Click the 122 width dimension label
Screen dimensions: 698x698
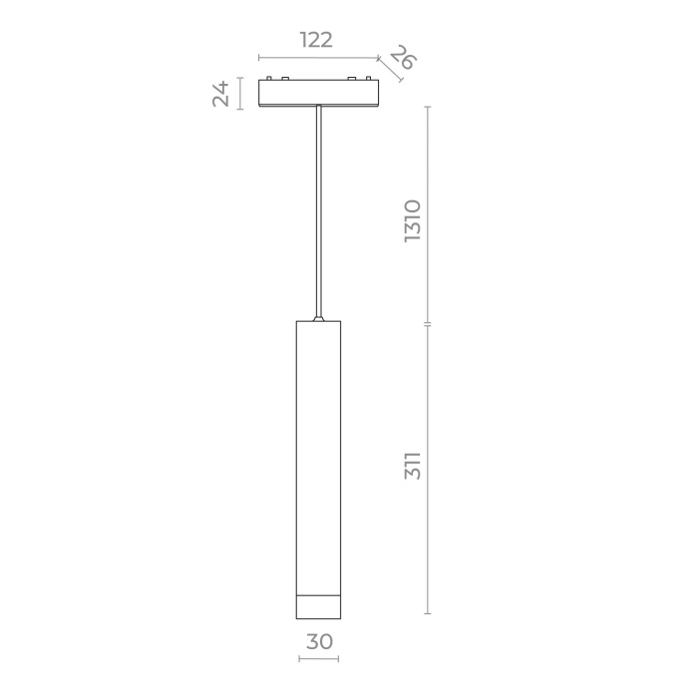316,40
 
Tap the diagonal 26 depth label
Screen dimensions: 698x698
402,58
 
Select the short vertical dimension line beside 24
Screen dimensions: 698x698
240,93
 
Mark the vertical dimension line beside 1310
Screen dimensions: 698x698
428,213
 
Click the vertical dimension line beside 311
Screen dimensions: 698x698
428,469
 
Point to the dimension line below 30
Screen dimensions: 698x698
319,659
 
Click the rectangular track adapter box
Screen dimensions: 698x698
318,93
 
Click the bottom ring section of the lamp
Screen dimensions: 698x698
319,605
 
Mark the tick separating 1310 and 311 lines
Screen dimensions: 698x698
428,324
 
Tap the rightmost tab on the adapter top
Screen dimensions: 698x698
369,78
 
